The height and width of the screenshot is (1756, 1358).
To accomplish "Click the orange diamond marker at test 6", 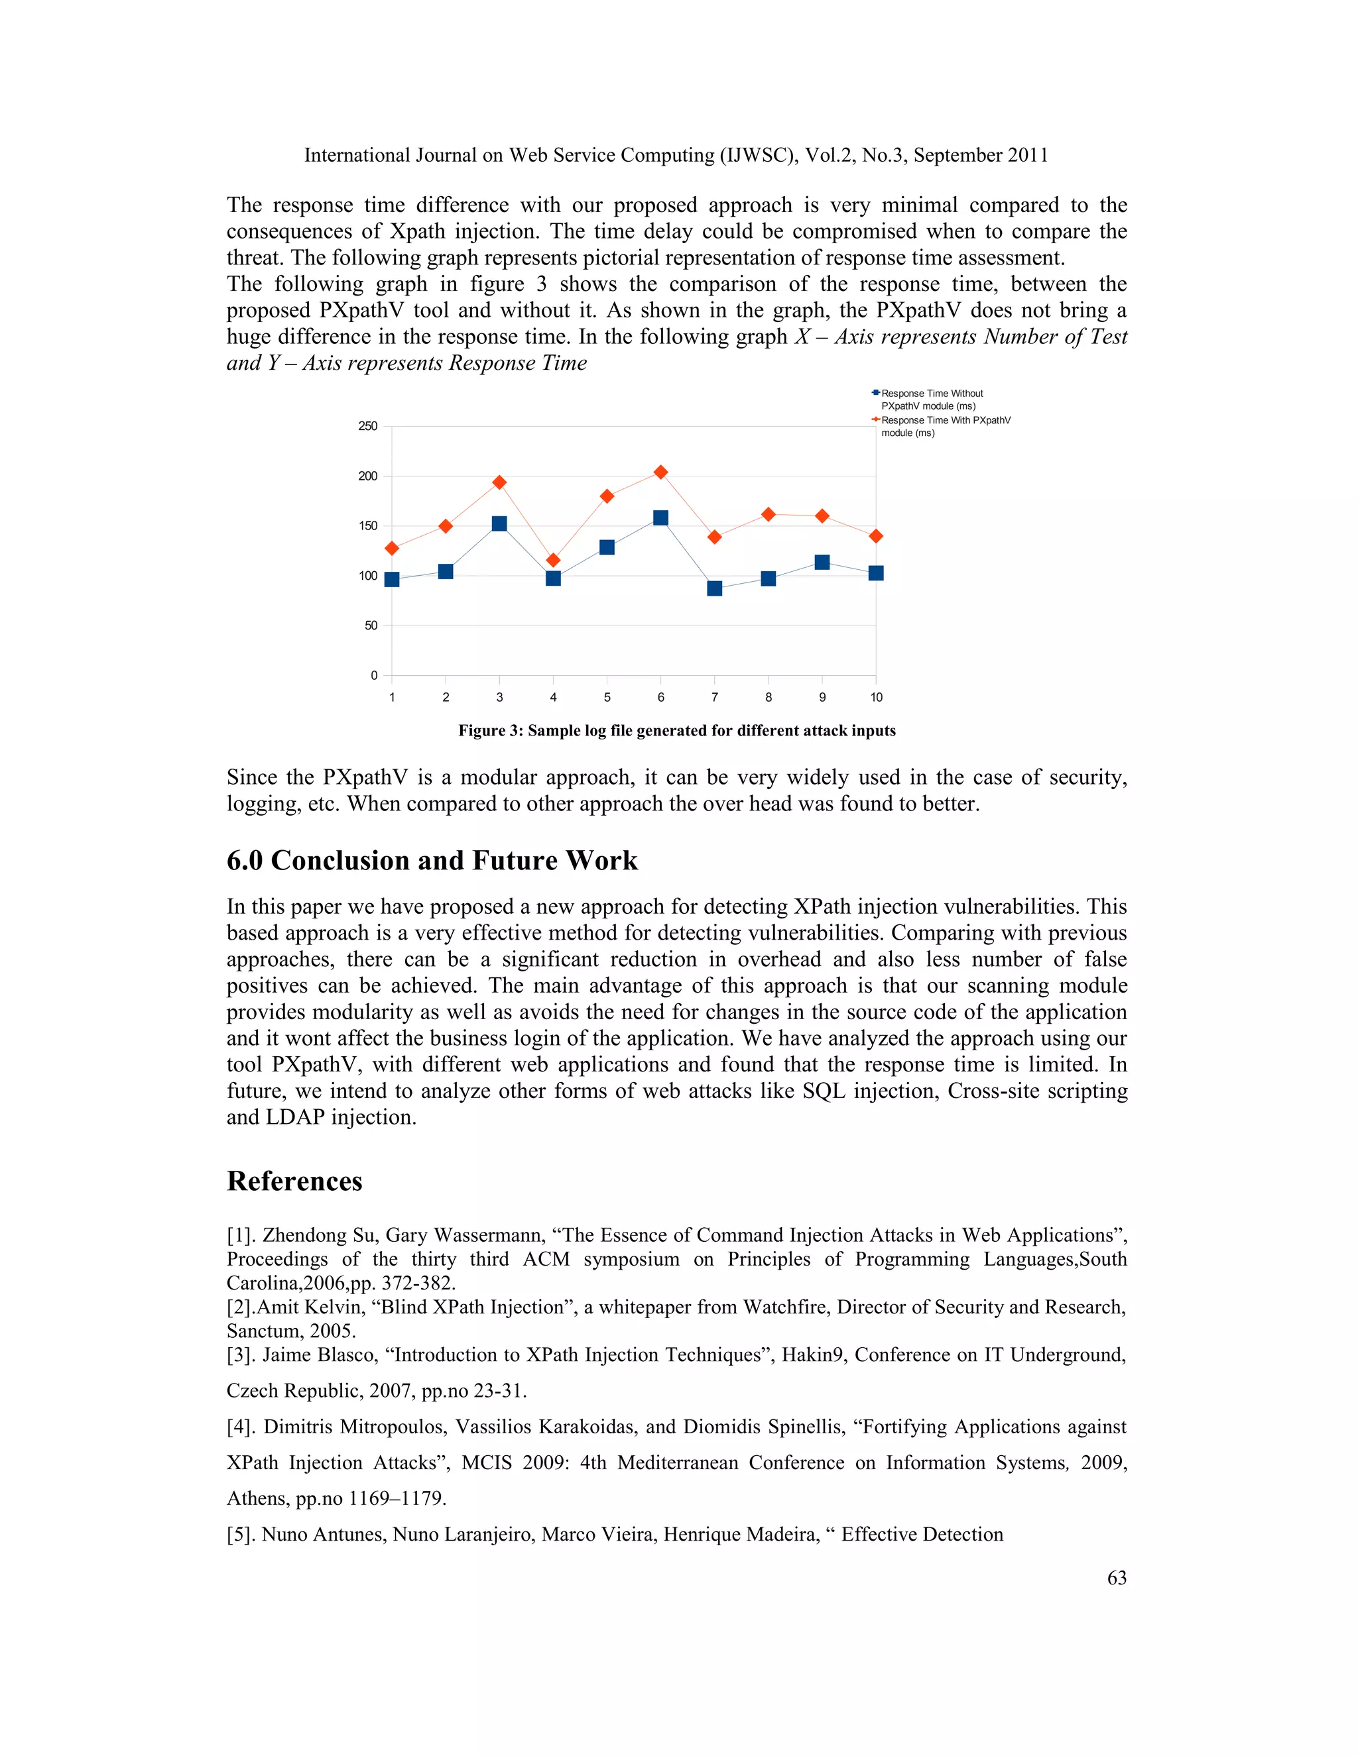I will click(660, 472).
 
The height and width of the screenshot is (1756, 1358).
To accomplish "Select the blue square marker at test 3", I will click(499, 523).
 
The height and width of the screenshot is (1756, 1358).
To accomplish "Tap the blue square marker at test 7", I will click(714, 588).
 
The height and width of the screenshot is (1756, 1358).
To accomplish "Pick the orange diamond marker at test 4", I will click(553, 560).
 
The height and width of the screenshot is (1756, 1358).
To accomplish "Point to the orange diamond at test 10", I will click(876, 536).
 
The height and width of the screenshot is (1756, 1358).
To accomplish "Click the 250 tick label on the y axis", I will click(367, 426).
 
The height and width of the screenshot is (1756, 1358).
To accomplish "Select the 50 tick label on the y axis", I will click(370, 626).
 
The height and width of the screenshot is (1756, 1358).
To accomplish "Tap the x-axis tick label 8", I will click(769, 697).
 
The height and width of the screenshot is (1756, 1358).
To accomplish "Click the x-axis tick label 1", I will click(392, 697).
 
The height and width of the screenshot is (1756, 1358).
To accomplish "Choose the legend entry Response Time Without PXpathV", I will click(932, 400).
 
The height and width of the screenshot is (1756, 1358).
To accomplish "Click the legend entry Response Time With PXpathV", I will click(946, 426).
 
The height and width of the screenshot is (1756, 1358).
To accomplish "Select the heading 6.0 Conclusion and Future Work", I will click(432, 860).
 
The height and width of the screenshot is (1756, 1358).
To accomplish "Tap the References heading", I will click(294, 1181).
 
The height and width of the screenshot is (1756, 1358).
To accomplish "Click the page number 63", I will click(1117, 1578).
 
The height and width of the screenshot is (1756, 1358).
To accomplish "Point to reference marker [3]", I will click(241, 1355).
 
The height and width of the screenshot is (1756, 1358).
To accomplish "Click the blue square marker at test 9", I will click(822, 562).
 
